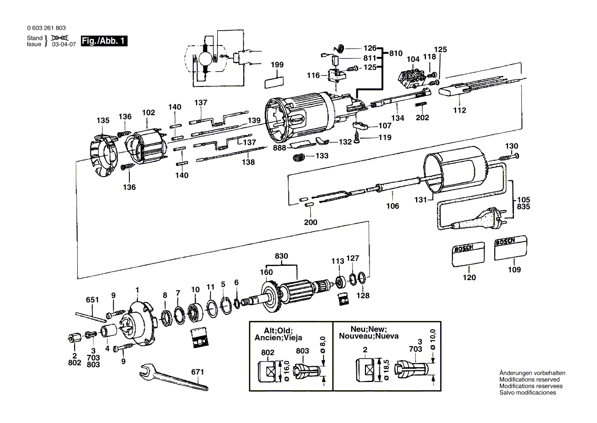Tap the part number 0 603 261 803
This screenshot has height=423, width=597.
pyautogui.click(x=45, y=28)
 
